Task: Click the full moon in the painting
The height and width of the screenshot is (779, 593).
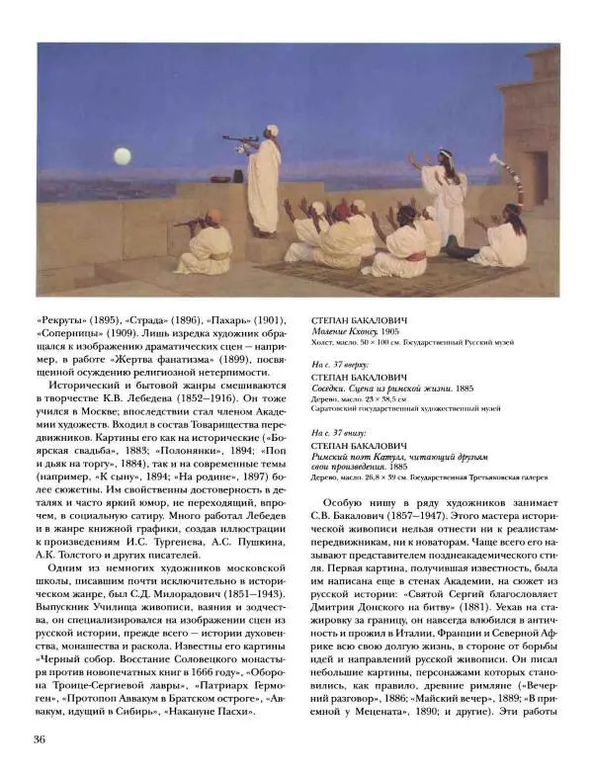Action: pos(123,155)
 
